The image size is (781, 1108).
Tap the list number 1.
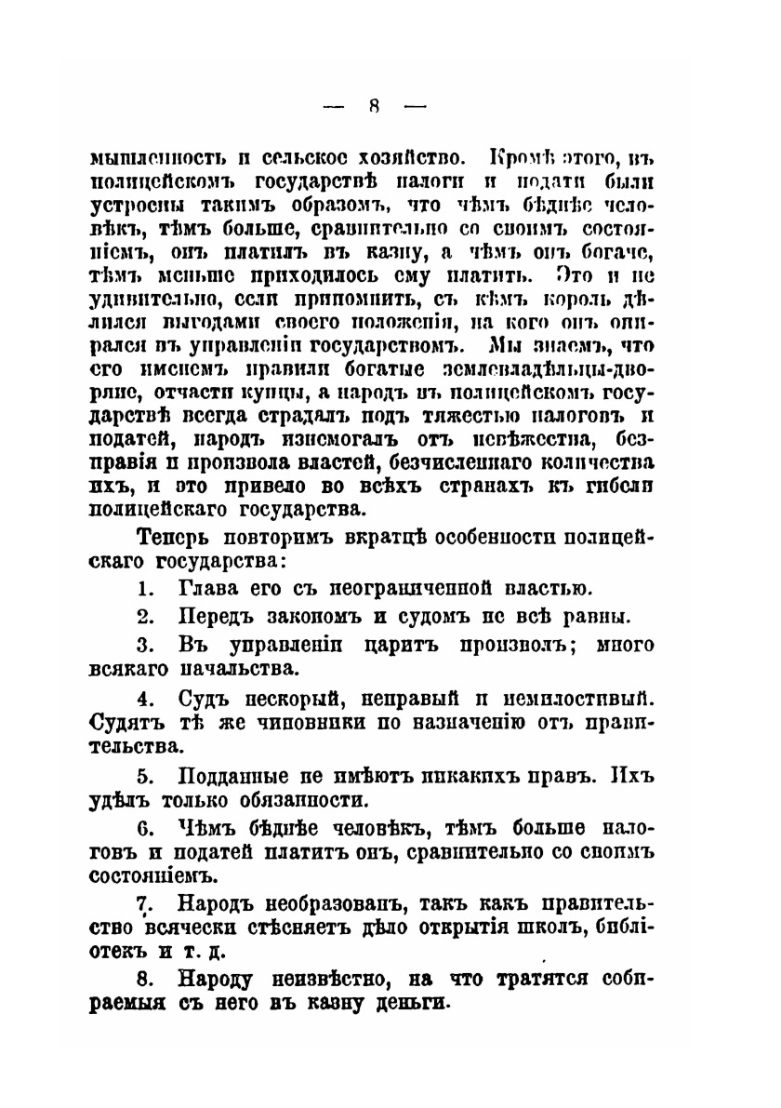(x=144, y=587)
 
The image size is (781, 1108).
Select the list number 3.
(x=144, y=644)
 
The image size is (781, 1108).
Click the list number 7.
(x=144, y=902)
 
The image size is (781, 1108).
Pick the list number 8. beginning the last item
(x=144, y=978)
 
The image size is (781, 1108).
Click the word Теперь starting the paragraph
(x=174, y=537)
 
